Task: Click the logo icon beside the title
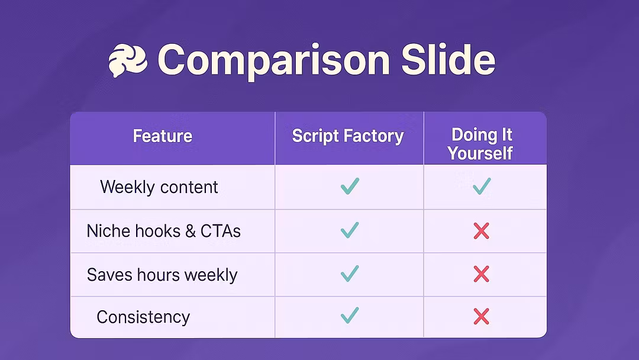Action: pos(128,60)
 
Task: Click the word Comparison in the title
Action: pos(274,61)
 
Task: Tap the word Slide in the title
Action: pos(448,60)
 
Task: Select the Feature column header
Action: pos(163,136)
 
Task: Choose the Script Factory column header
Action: pos(348,136)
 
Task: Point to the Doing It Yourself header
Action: pos(481,144)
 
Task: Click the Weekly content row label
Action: pos(159,187)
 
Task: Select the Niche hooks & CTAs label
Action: pos(163,231)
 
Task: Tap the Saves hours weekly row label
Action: pos(162,275)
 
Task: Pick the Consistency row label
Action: pos(143,317)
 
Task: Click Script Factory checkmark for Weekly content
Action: pos(350,186)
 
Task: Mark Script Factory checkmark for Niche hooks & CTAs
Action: pos(350,230)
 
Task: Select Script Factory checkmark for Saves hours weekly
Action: pos(350,274)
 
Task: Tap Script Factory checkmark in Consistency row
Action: pos(350,316)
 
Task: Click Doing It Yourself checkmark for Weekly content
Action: pos(482,187)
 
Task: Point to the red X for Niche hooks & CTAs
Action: pos(481,231)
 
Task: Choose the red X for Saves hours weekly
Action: pos(481,274)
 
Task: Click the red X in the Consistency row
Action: pos(481,317)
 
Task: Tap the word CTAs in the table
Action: pos(221,231)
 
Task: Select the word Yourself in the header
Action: pos(480,153)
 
